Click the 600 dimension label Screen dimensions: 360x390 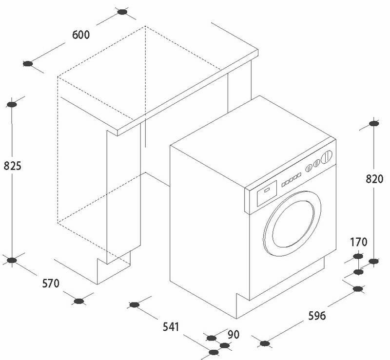[x=81, y=35]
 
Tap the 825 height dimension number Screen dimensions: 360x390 [x=12, y=166]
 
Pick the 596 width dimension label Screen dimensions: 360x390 [x=316, y=315]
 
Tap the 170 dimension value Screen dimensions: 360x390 [x=358, y=242]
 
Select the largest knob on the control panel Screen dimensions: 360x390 [x=328, y=157]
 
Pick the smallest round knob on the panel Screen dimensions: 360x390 [x=308, y=169]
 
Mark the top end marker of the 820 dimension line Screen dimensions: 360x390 [x=373, y=124]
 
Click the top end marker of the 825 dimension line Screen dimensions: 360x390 [x=13, y=103]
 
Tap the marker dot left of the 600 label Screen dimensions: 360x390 [x=28, y=63]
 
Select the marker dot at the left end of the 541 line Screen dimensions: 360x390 [x=134, y=305]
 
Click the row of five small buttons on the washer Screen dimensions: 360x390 [x=290, y=180]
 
